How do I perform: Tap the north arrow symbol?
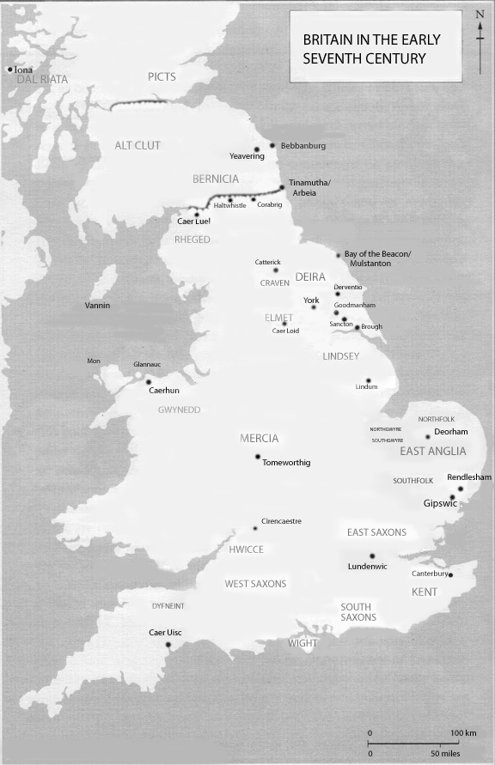tap(480, 34)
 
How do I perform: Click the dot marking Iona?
tap(10, 70)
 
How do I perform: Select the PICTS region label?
tap(161, 77)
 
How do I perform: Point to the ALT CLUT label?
tap(137, 146)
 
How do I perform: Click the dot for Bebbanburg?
tap(272, 145)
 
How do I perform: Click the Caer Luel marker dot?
tap(197, 215)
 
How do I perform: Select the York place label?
tap(311, 300)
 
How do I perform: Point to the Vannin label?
tap(97, 306)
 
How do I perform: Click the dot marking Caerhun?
tap(148, 382)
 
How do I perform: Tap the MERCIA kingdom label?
tap(259, 439)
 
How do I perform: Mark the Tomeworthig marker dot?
tap(258, 457)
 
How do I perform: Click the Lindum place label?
tap(366, 387)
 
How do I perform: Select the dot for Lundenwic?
tap(372, 556)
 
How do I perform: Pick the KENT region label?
tap(424, 592)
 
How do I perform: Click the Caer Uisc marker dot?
tap(168, 645)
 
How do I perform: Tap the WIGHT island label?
tap(302, 643)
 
